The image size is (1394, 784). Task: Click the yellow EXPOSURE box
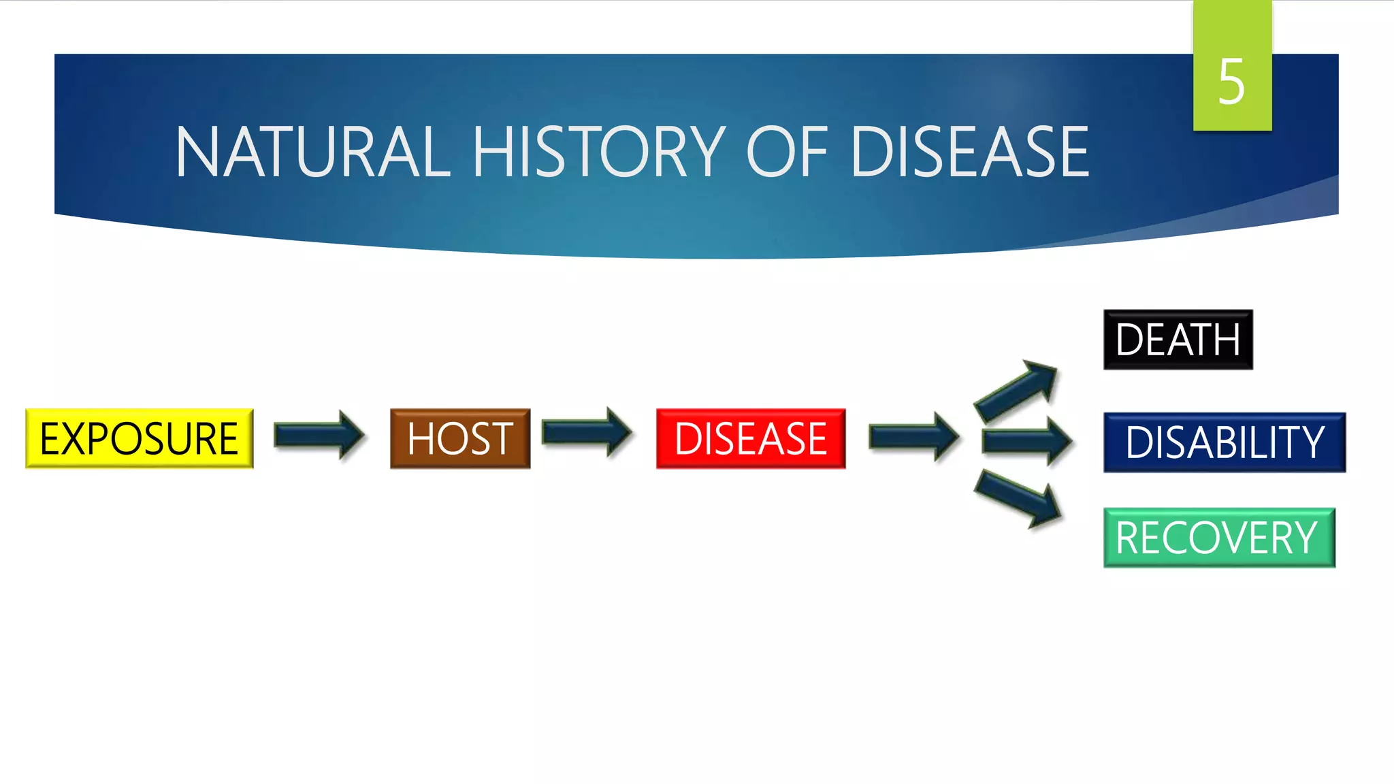(x=139, y=438)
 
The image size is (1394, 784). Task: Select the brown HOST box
(x=459, y=438)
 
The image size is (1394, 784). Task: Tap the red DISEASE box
(x=750, y=438)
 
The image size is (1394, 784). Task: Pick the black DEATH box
(x=1178, y=340)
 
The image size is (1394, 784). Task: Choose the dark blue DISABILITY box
(x=1224, y=442)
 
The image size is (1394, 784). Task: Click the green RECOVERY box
(x=1218, y=538)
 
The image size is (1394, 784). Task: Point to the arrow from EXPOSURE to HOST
(x=319, y=436)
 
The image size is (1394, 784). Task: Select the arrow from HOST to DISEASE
(x=586, y=432)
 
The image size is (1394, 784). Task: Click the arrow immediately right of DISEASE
(x=913, y=436)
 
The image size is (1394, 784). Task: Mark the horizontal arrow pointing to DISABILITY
(x=1026, y=442)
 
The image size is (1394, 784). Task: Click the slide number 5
(x=1231, y=82)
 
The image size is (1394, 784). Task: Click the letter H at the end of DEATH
(x=1225, y=340)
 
